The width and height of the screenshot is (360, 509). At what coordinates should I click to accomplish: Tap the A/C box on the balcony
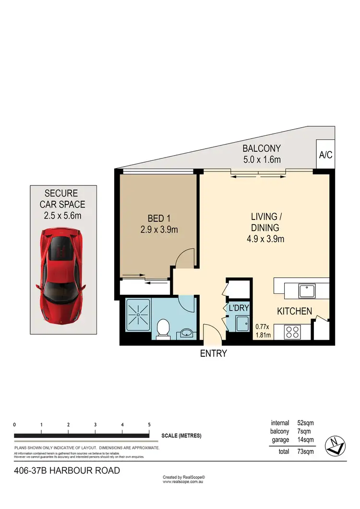pos(325,155)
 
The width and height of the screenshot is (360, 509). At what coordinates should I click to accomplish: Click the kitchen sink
pos(305,290)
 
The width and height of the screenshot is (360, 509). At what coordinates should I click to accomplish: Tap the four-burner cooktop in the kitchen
pos(292,331)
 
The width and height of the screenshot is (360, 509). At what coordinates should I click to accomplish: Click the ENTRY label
pos(213,354)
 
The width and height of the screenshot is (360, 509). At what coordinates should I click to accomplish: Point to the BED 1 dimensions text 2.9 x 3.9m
pos(158,230)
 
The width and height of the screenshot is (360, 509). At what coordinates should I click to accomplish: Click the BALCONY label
pos(261,148)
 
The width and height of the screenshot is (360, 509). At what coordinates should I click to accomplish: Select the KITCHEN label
pos(294,311)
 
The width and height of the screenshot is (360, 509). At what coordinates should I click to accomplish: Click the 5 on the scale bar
pos(149,425)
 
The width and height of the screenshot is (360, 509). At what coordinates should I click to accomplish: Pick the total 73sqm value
pos(305,451)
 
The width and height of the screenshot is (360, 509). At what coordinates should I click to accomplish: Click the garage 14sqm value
pos(305,439)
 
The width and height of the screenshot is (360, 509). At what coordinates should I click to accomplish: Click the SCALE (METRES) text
pos(181,436)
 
